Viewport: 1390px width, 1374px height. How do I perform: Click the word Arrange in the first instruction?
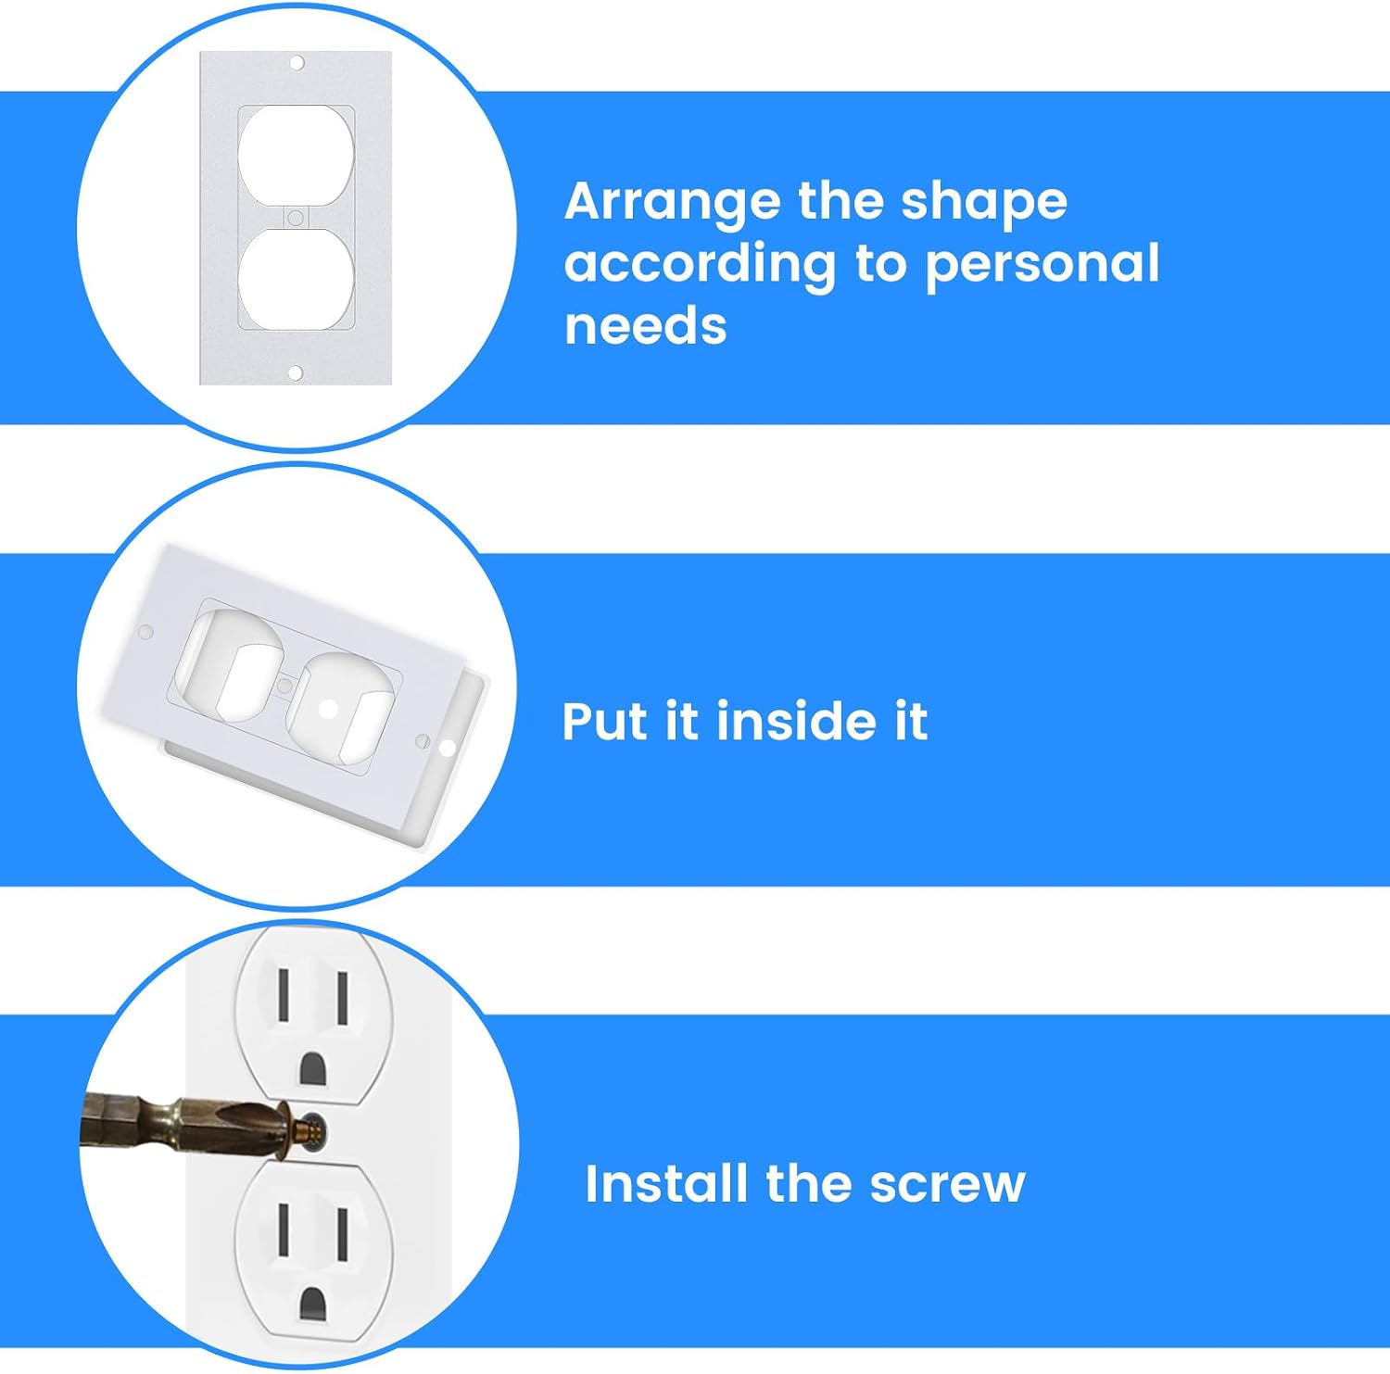coord(673,203)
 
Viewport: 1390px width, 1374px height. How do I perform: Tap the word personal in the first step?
coord(1042,265)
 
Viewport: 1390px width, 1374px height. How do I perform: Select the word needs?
coord(646,326)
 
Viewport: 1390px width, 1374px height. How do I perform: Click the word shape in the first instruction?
coord(984,203)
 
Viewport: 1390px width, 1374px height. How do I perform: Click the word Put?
coord(607,722)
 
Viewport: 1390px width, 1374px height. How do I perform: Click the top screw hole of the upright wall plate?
coord(297,63)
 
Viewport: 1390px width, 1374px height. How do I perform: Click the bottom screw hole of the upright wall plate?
coord(296,373)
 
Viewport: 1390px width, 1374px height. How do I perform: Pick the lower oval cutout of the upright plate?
coord(297,278)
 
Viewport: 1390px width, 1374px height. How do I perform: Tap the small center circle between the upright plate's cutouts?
coord(296,218)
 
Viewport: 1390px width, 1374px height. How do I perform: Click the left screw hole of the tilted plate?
coord(145,632)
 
